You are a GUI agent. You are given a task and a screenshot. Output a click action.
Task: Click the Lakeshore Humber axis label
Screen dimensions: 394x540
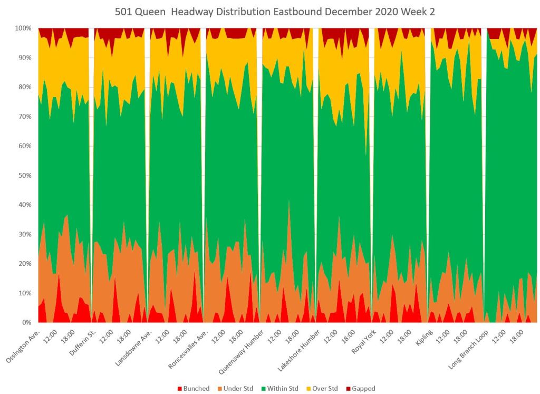tap(298, 349)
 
